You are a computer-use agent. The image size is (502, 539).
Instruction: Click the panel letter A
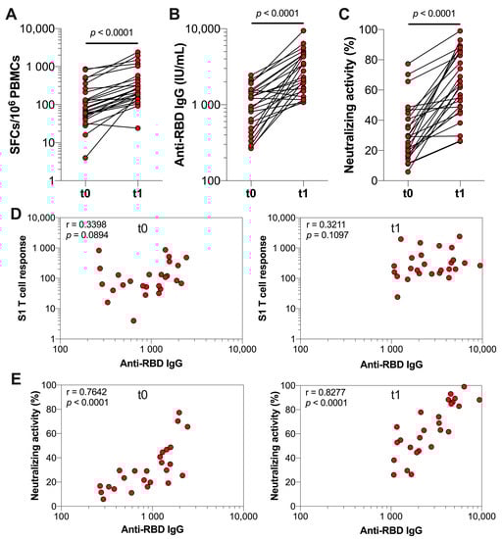[10, 11]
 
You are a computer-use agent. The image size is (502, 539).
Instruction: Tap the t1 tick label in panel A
[138, 194]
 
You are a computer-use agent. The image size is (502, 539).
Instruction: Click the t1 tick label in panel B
[305, 194]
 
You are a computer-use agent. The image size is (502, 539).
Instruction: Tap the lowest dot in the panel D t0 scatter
[133, 320]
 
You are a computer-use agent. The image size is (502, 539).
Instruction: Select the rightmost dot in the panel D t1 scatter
[479, 265]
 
